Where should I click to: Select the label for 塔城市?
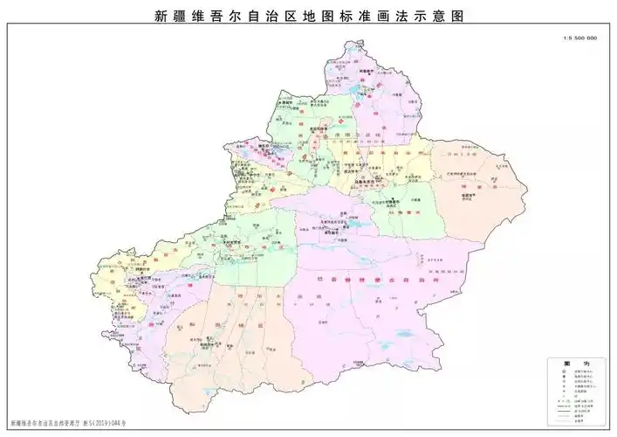285,102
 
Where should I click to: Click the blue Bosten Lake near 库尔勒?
354,223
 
